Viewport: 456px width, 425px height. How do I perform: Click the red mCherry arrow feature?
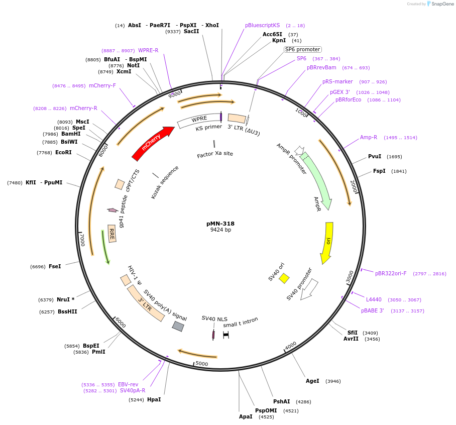click(x=153, y=143)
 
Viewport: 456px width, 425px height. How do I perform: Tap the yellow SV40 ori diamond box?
click(x=284, y=278)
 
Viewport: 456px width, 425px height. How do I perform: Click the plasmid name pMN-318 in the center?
click(x=220, y=224)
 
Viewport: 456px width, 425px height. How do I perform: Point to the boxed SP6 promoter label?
click(x=302, y=49)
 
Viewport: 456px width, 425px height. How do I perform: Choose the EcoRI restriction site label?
click(x=63, y=153)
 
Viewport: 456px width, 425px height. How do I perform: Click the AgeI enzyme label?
click(x=312, y=381)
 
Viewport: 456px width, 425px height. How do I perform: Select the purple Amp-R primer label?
click(x=369, y=137)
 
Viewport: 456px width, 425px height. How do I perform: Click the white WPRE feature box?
click(x=199, y=120)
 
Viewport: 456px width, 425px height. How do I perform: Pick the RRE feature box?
click(x=112, y=234)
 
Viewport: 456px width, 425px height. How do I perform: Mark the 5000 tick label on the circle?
click(x=201, y=363)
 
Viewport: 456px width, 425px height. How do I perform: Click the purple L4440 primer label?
click(x=374, y=299)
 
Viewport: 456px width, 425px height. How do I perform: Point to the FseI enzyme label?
click(x=55, y=266)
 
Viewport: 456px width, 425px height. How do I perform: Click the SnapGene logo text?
click(x=442, y=4)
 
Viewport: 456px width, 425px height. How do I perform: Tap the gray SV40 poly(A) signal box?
click(x=178, y=327)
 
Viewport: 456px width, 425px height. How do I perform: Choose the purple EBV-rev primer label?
click(x=128, y=384)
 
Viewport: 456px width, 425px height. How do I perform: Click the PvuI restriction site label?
click(x=375, y=156)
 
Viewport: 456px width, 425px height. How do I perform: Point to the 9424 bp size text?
click(x=220, y=230)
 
